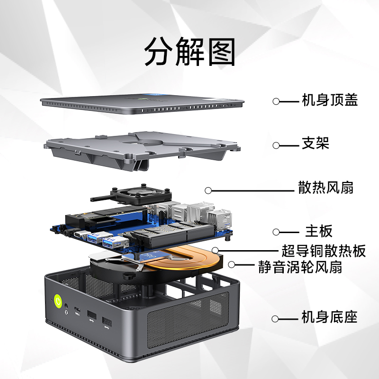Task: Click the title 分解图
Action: pos(190,52)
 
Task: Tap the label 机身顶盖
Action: pos(330,100)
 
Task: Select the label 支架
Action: pos(316,143)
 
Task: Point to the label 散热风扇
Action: pos(325,188)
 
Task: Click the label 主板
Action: pos(319,231)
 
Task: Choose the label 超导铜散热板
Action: pos(324,251)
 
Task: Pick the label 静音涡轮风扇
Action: pos(300,267)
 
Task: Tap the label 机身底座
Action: pos(329,317)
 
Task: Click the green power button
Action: pos(58,301)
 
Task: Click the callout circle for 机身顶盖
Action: pos(276,101)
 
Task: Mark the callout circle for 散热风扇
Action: pos(208,190)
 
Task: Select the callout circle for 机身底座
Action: pos(275,319)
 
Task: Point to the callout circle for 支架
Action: pos(276,145)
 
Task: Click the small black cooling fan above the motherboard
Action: pos(141,196)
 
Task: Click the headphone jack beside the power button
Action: pos(66,306)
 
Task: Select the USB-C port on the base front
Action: pos(77,310)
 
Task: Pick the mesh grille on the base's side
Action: pos(188,319)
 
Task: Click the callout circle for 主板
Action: pos(276,232)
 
